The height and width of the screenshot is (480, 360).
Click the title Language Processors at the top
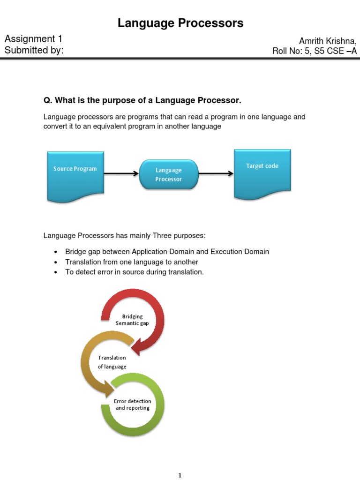(x=180, y=23)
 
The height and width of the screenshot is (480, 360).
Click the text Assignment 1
(x=33, y=39)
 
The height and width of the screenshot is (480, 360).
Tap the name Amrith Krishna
(x=328, y=41)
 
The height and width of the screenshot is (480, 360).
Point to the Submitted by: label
(x=34, y=50)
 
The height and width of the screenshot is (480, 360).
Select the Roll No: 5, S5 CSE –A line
(x=315, y=51)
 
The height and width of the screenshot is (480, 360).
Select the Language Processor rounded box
(x=169, y=174)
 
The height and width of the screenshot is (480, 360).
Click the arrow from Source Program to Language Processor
(x=121, y=173)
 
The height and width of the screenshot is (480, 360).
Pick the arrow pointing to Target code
(x=216, y=173)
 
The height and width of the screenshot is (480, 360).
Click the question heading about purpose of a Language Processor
(x=142, y=100)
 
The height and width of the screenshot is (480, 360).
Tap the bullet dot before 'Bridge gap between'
(x=56, y=252)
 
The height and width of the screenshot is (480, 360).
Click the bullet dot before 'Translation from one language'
(x=56, y=262)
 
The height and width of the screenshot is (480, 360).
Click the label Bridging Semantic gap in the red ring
(x=132, y=320)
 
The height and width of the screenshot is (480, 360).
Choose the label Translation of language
(x=112, y=362)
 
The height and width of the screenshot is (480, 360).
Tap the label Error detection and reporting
(x=133, y=405)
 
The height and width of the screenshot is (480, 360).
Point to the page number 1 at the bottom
(x=180, y=476)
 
